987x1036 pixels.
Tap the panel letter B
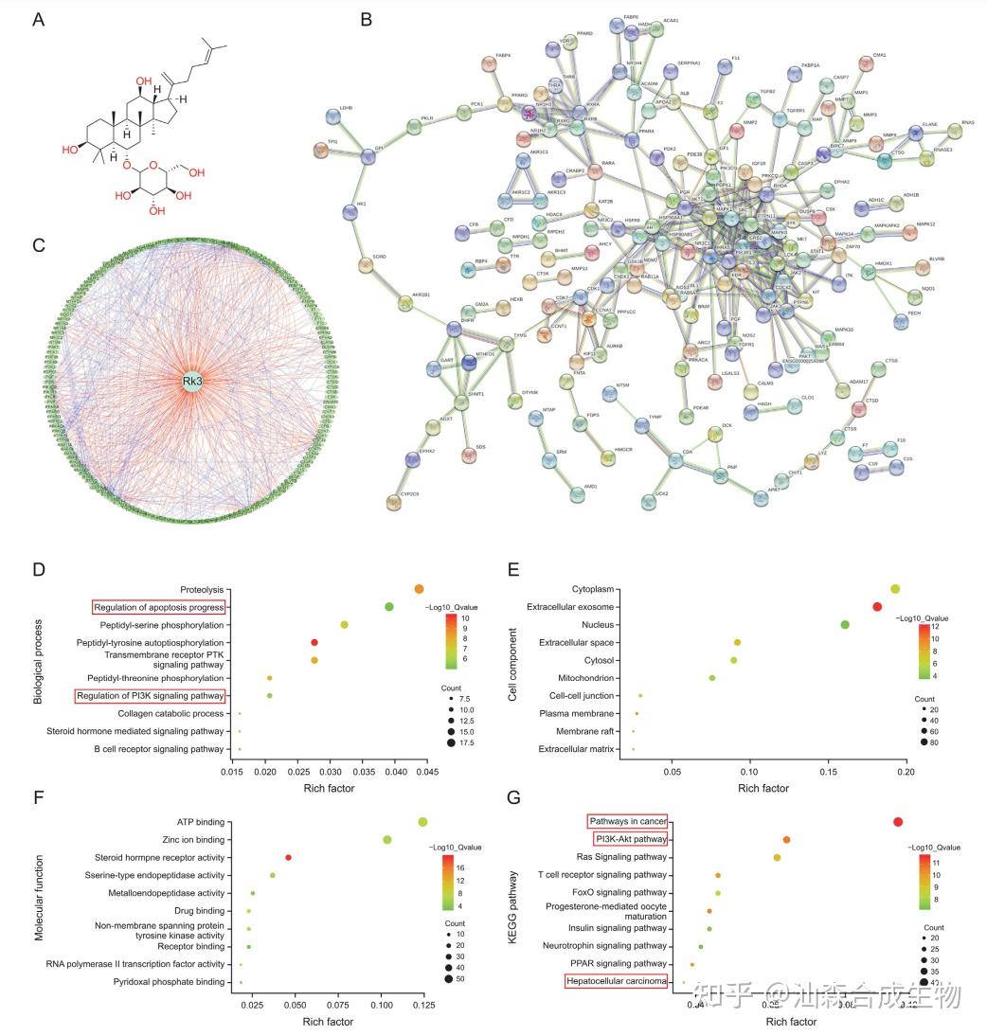coord(367,19)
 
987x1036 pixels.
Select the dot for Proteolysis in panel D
coord(419,589)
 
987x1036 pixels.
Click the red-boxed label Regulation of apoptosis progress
coord(159,607)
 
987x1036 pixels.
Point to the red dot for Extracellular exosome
coord(877,607)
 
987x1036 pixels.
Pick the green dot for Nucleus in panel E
coord(845,625)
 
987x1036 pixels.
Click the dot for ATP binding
coord(422,822)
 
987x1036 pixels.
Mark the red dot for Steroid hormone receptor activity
coord(288,858)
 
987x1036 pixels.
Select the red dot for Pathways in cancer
coord(898,822)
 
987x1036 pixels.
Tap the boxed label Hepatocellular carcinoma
coord(617,981)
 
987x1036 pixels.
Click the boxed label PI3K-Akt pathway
coord(630,839)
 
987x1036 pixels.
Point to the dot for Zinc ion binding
coord(386,840)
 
